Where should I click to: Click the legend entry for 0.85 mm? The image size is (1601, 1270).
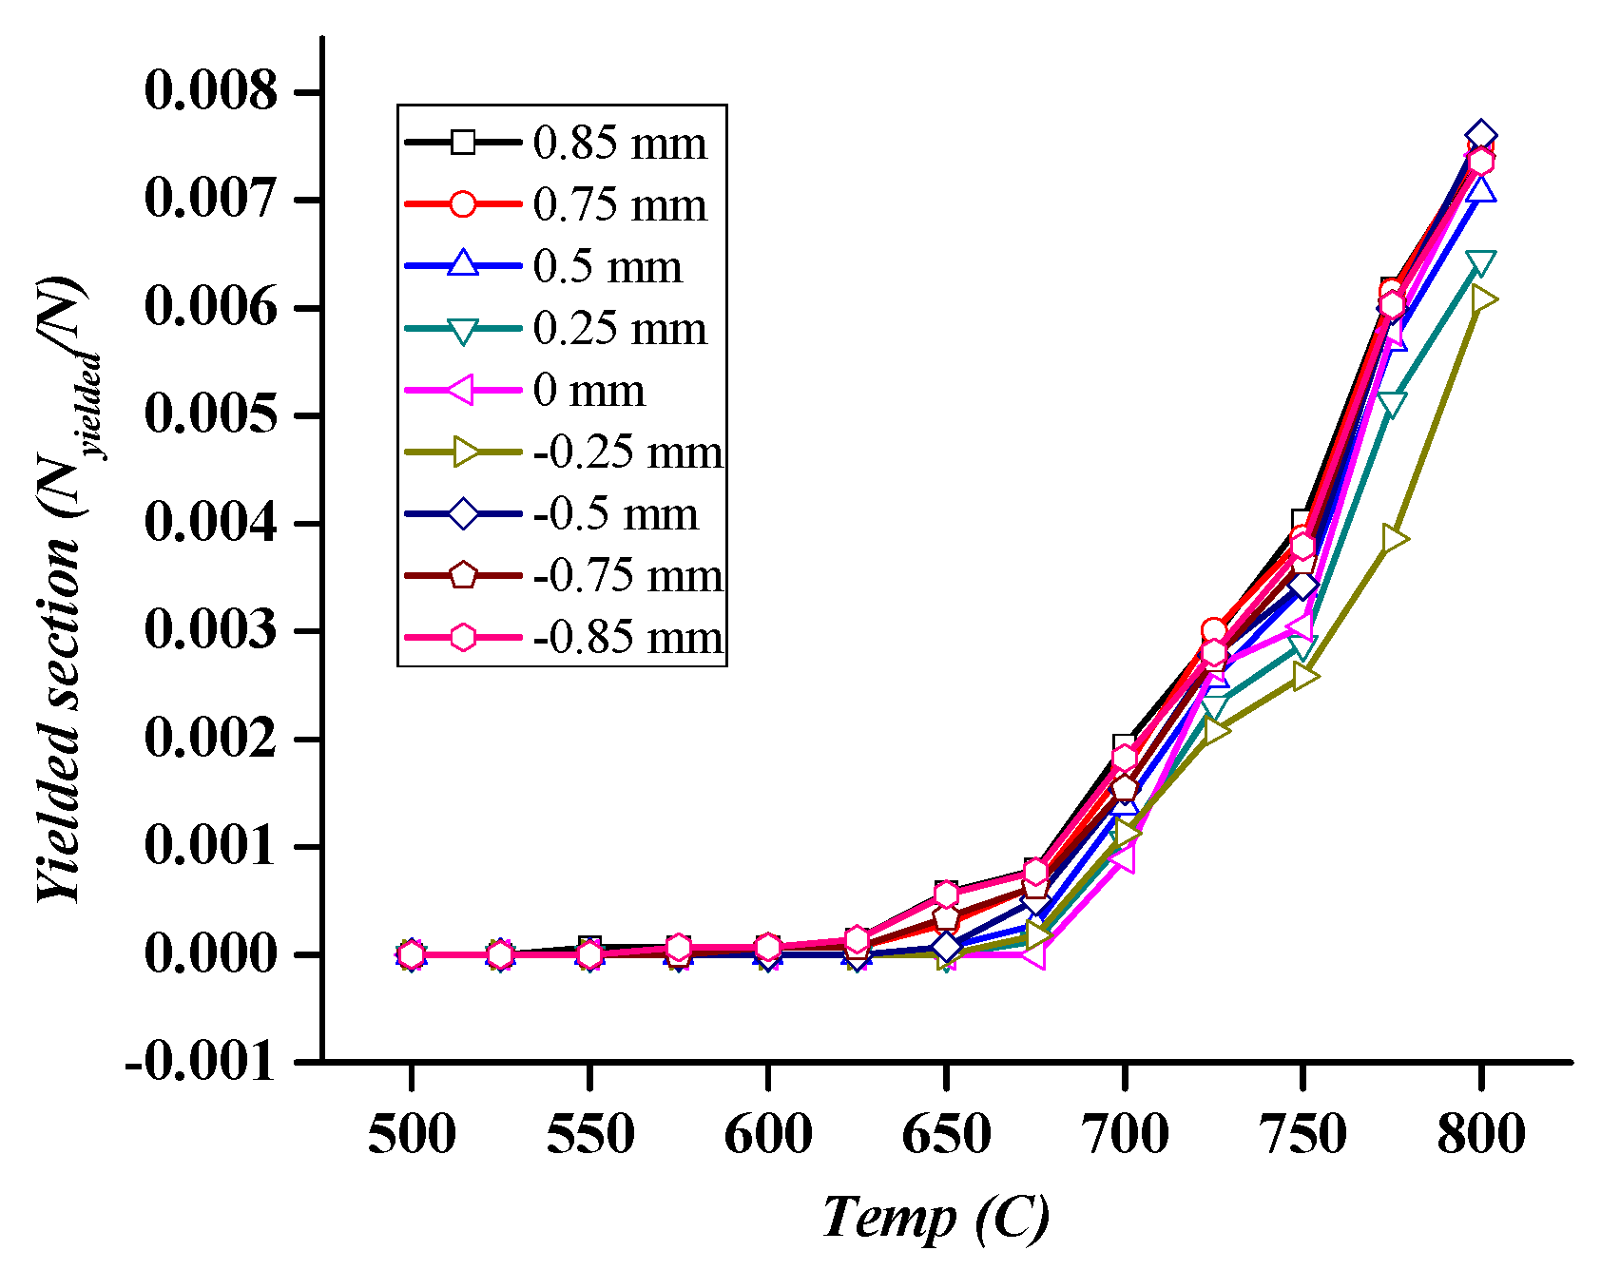(619, 144)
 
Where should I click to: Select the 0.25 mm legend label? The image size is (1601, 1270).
(619, 329)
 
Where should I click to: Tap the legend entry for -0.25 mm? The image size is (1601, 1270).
(627, 452)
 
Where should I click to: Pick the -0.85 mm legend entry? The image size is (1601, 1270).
(627, 637)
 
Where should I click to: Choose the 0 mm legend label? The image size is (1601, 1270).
(588, 391)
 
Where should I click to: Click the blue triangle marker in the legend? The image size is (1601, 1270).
(463, 265)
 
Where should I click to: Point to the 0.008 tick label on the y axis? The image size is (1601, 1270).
(211, 92)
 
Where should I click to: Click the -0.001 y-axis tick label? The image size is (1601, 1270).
(201, 1061)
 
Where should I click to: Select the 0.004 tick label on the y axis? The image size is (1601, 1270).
(211, 523)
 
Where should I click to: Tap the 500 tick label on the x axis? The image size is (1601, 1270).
(411, 1135)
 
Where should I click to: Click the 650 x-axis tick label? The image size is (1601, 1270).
(946, 1135)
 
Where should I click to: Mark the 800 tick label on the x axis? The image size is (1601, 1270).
(1480, 1135)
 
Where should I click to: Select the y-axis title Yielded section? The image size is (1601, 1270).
(59, 589)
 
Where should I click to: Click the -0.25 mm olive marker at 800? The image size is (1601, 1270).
(1481, 300)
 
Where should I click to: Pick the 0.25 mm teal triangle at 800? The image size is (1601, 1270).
(1480, 263)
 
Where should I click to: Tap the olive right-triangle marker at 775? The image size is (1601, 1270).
(1393, 539)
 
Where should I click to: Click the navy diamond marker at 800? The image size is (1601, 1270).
(1480, 136)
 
